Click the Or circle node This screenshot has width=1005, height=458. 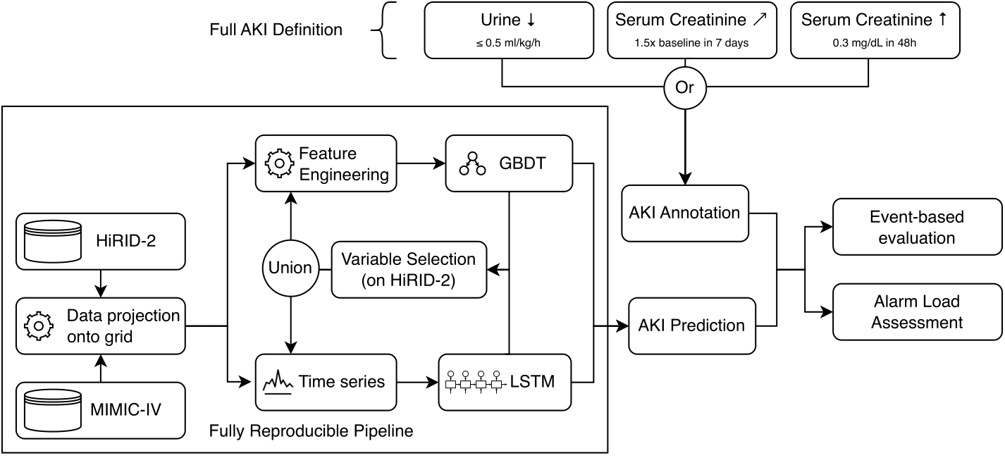click(684, 87)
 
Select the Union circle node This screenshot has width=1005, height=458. click(290, 268)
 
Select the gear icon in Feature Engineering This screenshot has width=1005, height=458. click(278, 163)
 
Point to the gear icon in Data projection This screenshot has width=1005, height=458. click(39, 326)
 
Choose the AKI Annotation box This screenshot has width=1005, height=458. click(684, 213)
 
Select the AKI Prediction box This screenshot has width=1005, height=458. click(691, 326)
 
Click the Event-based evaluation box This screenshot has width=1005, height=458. click(917, 227)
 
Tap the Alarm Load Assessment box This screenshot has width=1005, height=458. click(917, 311)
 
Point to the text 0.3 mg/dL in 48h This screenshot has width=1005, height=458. click(875, 43)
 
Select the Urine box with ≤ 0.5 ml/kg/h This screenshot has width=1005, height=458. click(508, 30)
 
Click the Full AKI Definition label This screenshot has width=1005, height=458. click(276, 30)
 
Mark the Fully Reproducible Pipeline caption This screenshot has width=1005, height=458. click(311, 430)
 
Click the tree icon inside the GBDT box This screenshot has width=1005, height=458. click(472, 163)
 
